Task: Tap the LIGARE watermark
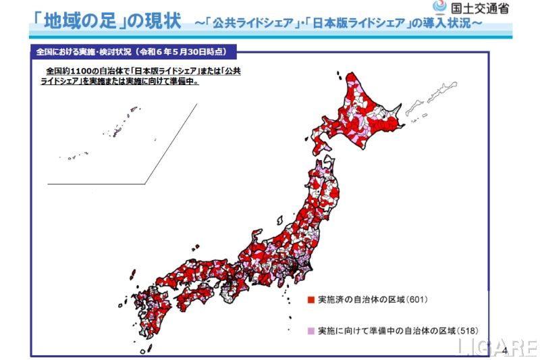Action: (x=497, y=347)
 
